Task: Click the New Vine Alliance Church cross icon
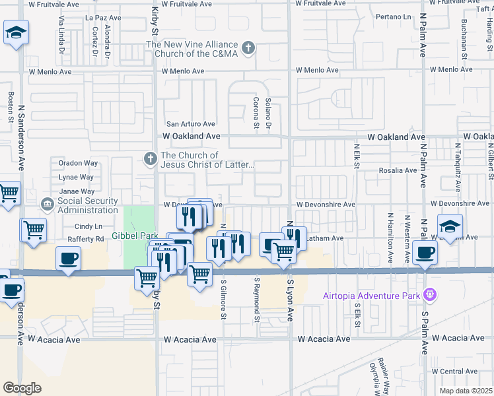(x=248, y=48)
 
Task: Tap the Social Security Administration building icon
(x=48, y=205)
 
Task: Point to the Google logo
(x=22, y=387)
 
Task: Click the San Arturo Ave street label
(x=190, y=123)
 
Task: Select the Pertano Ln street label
(x=392, y=15)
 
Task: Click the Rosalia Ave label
(x=397, y=170)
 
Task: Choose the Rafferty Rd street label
(x=81, y=239)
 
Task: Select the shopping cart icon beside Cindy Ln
(x=33, y=230)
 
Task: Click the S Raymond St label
(x=256, y=301)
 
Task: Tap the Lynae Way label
(x=77, y=177)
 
